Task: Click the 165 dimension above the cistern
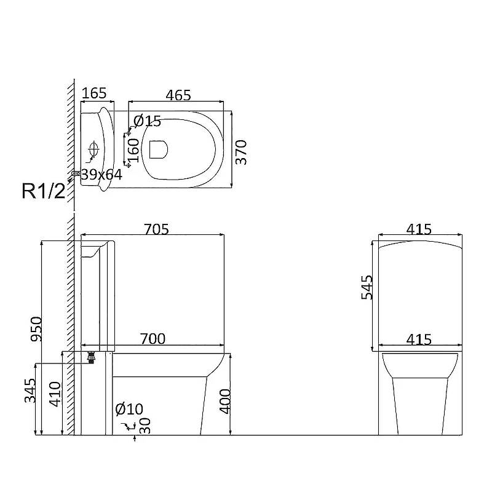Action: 94,93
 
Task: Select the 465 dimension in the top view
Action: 178,95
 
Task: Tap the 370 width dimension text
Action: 241,153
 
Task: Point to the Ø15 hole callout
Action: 147,121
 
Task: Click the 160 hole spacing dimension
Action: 133,151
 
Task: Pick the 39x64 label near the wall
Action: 101,175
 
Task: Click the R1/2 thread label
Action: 44,191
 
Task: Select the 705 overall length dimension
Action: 156,229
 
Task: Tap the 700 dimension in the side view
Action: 153,339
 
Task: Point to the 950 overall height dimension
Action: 36,329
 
